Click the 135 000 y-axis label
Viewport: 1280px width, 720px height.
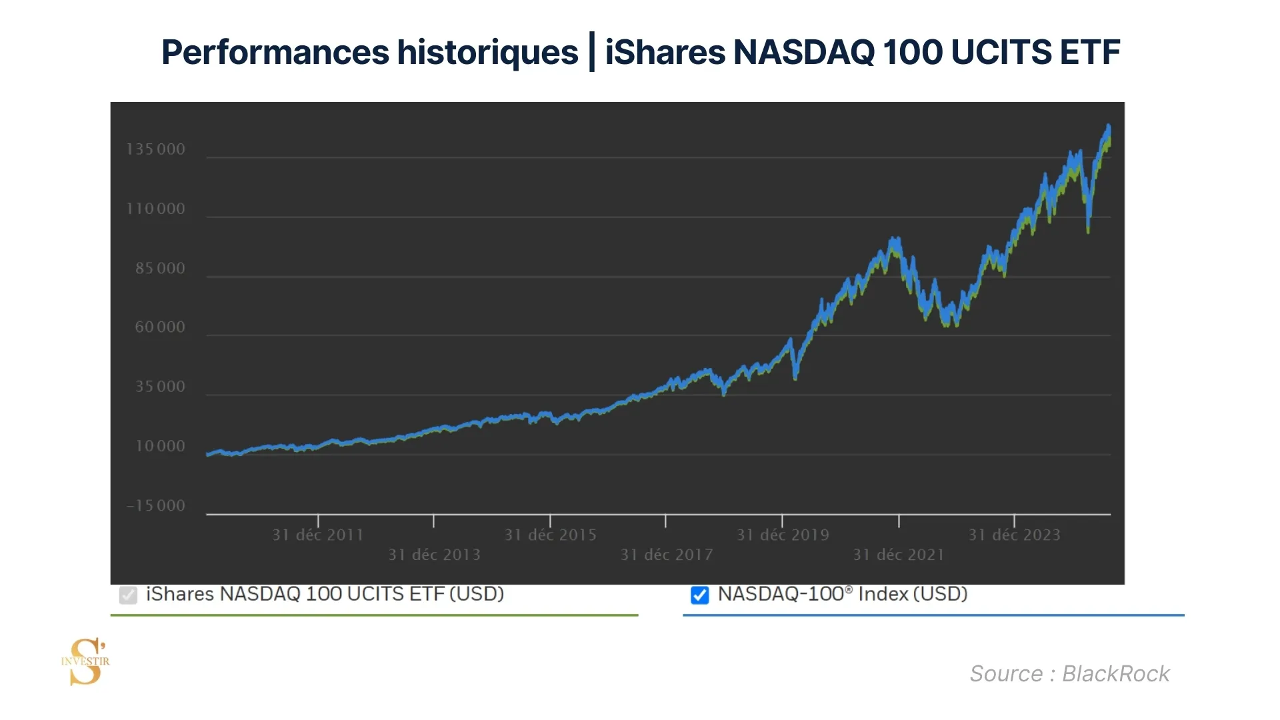[x=156, y=149]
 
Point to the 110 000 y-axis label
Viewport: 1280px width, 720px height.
[x=156, y=209]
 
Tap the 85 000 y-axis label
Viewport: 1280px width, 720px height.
[x=160, y=269]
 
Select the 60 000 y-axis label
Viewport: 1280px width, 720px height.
[x=160, y=327]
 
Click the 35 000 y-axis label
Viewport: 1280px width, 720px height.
[x=160, y=387]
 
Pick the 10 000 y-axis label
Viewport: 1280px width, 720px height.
[x=160, y=446]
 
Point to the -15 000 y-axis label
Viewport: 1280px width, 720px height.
[x=156, y=506]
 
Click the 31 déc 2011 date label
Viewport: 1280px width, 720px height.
[x=318, y=535]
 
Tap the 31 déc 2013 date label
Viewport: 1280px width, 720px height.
[x=435, y=555]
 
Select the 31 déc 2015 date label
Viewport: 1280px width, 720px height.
[x=551, y=535]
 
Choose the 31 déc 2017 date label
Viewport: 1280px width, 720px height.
[x=667, y=555]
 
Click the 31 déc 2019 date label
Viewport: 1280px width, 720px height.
[x=783, y=535]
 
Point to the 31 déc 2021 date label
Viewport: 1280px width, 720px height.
[x=899, y=555]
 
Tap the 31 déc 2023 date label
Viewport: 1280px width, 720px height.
[x=1015, y=535]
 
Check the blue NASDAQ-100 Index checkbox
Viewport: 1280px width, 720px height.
[x=700, y=595]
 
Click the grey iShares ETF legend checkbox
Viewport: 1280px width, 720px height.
[x=128, y=595]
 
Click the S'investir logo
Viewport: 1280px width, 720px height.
[x=86, y=661]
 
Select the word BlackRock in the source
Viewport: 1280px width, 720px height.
[x=1115, y=674]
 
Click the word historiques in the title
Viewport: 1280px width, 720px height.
[x=487, y=52]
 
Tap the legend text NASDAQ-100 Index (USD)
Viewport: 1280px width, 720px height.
[x=843, y=594]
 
